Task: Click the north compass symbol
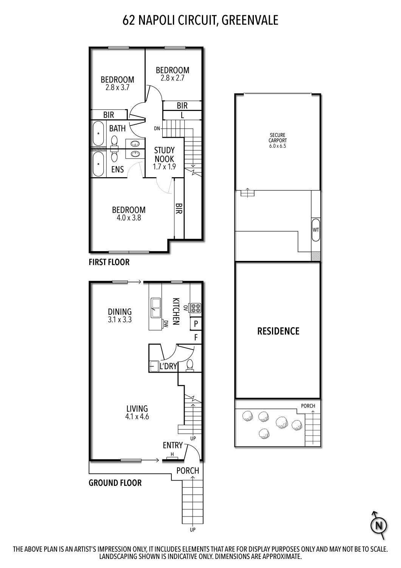379,525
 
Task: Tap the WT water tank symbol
316,229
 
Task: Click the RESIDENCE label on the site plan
278,331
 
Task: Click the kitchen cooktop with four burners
196,308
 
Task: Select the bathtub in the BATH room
99,133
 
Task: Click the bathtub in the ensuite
99,164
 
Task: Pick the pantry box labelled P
196,324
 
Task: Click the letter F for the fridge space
196,337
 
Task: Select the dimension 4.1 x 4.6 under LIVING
137,417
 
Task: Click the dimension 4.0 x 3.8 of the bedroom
129,218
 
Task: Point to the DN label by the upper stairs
157,129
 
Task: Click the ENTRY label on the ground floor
173,445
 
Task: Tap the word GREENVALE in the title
250,20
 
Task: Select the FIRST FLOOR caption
109,262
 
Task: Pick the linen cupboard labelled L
182,115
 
